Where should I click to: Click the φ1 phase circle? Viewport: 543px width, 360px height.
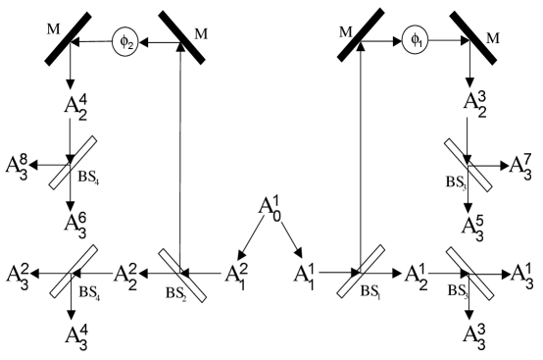pos(415,42)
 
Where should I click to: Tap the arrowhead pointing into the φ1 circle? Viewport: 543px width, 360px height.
pos(399,42)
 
